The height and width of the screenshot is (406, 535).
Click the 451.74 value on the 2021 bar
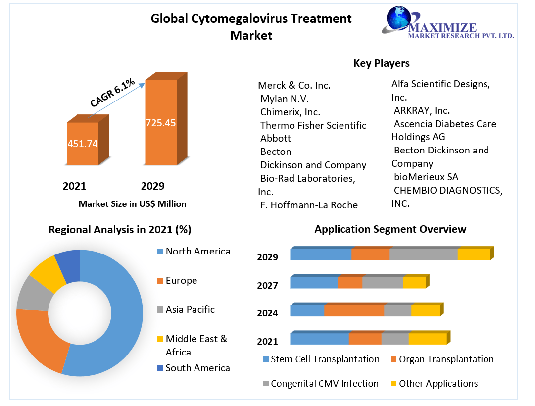[82, 144]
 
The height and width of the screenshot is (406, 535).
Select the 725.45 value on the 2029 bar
[160, 123]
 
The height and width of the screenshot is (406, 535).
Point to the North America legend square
[159, 252]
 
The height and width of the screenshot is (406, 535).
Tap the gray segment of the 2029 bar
[423, 254]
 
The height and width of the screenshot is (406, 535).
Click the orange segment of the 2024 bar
[354, 310]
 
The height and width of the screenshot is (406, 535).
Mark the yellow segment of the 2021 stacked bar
[427, 339]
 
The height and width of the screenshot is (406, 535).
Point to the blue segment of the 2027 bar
[314, 283]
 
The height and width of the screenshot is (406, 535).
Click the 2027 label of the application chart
[267, 285]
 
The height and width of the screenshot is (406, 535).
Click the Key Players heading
[381, 63]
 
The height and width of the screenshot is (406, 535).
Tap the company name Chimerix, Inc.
[290, 112]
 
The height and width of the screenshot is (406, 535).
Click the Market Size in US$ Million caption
[132, 203]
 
